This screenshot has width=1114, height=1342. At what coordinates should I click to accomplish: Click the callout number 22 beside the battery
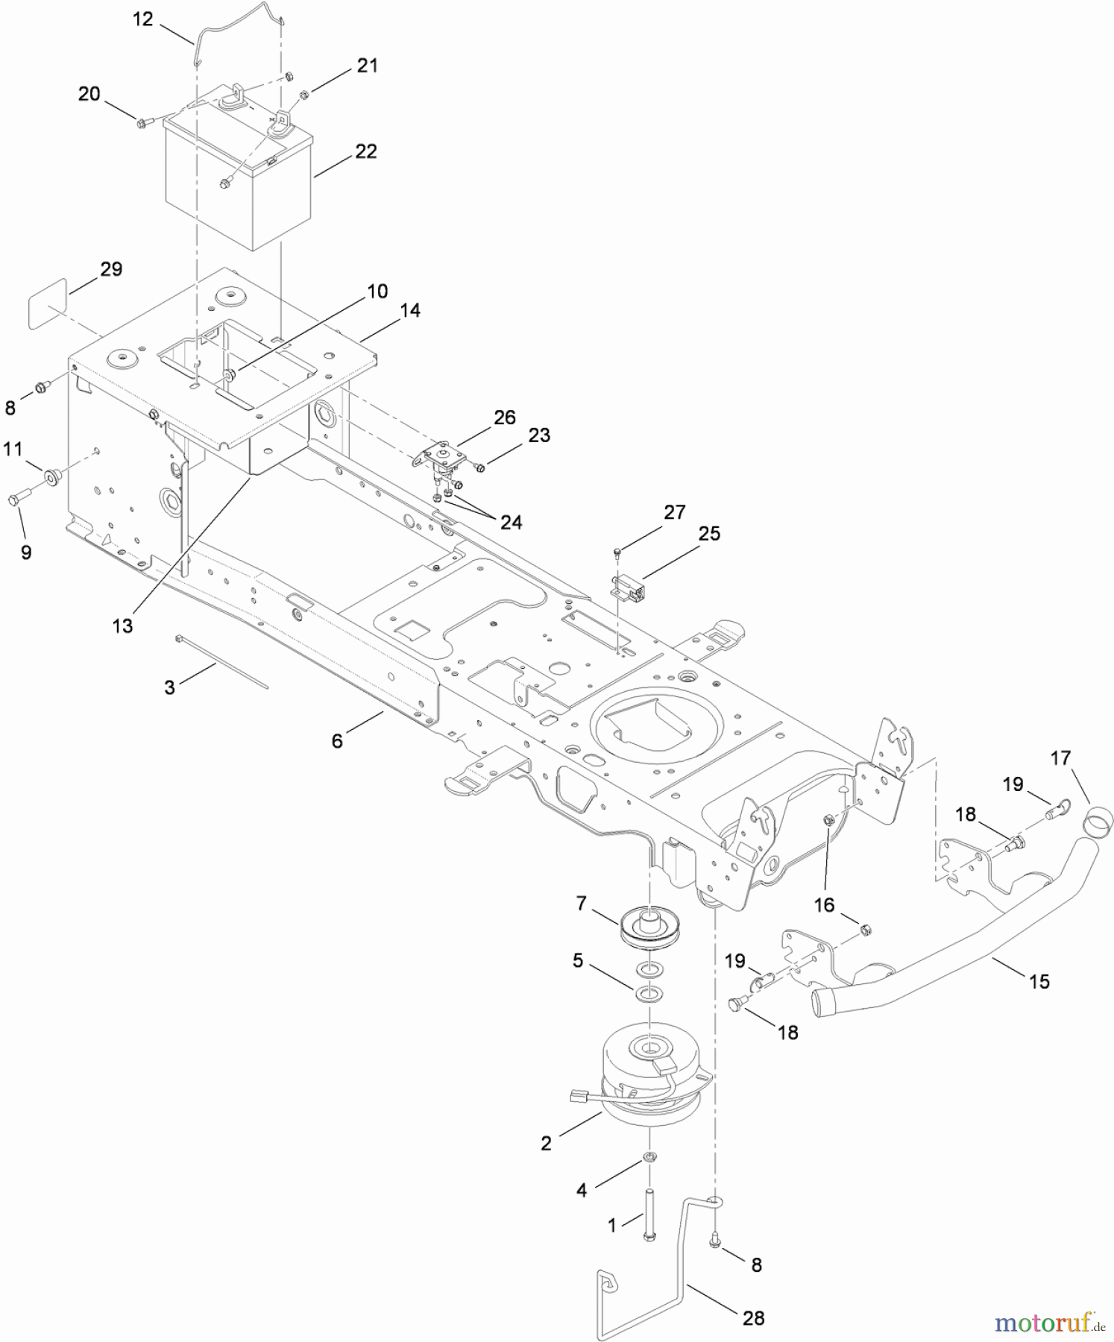[x=365, y=151]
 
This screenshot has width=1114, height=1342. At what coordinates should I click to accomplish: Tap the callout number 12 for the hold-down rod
[x=142, y=19]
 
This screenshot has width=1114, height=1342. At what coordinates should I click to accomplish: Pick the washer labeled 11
[x=52, y=476]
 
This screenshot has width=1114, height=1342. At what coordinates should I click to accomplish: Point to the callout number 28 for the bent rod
[x=753, y=1318]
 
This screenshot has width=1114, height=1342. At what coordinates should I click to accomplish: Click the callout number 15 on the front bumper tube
[x=1039, y=981]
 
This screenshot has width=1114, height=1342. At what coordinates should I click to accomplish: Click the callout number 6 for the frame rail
[x=337, y=740]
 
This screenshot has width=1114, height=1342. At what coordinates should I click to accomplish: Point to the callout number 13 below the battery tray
[x=122, y=626]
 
